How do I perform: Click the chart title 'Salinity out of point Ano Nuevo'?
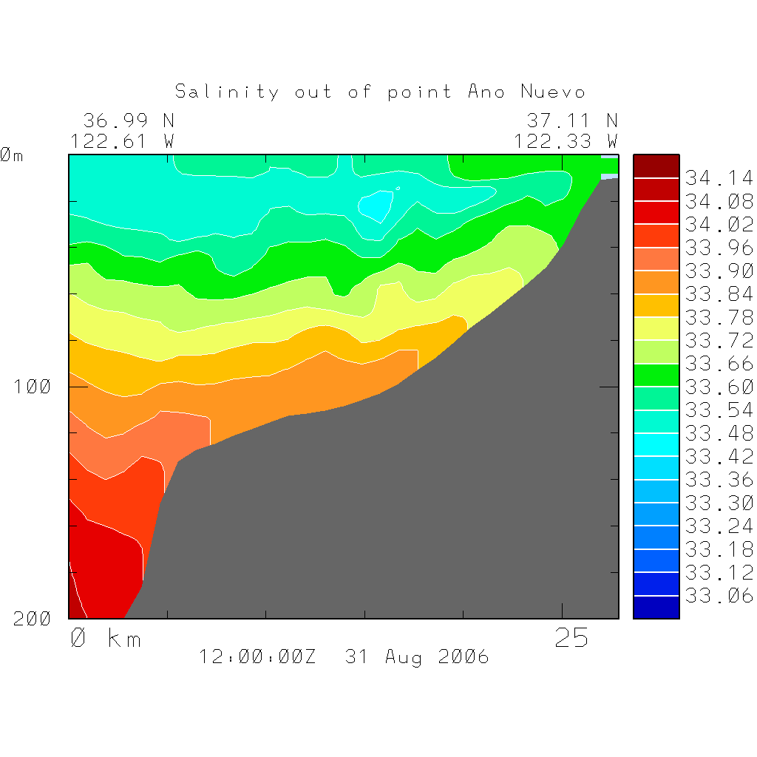coord(380,92)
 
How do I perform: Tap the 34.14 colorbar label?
coord(719,178)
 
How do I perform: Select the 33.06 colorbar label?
coord(719,596)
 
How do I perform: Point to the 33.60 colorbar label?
coord(719,387)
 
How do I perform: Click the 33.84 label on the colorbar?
coord(719,294)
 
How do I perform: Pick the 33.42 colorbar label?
coord(719,456)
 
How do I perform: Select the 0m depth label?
coord(11,155)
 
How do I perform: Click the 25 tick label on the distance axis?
coord(571,638)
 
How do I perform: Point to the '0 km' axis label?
coord(105,638)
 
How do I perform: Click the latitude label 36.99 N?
coord(128,120)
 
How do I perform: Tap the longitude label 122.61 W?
coord(122,140)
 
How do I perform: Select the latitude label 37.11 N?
coord(571,120)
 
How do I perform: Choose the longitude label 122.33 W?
coord(566,140)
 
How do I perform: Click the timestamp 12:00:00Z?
coord(257,656)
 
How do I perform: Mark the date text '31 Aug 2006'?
coord(417,656)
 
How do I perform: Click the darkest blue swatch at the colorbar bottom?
coord(656,608)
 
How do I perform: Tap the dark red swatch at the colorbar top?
coord(656,166)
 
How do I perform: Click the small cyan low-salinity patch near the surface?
coord(376,205)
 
